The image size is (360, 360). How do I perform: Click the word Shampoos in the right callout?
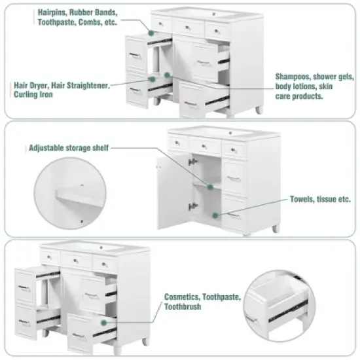tap(295, 76)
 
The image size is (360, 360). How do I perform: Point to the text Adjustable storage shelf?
tap(68, 148)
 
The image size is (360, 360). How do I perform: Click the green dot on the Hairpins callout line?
tap(151, 31)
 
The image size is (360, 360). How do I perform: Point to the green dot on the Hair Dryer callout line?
tap(153, 79)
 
